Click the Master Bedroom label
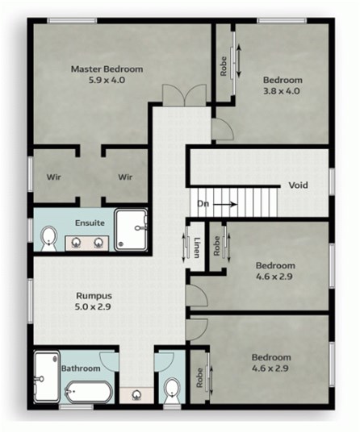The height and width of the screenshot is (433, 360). tap(107, 69)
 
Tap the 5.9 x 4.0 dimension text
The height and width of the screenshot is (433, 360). tap(107, 80)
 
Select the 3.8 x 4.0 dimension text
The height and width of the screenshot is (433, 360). tap(282, 91)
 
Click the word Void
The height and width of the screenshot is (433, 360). tap(299, 185)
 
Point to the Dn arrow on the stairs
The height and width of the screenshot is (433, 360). tap(225, 204)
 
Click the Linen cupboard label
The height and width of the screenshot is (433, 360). tap(197, 248)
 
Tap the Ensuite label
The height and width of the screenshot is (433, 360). tap(90, 223)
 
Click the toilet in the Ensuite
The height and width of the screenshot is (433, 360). tap(49, 239)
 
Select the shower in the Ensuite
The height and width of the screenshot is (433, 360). tap(131, 230)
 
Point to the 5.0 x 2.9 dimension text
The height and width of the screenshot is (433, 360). tap(93, 306)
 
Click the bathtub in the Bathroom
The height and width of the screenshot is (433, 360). tap(89, 391)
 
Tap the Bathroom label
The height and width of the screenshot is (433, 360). tap(81, 368)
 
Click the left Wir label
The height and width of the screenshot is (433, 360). tap(53, 177)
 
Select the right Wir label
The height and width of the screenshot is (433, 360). tap(125, 177)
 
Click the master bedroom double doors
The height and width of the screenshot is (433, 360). tap(184, 95)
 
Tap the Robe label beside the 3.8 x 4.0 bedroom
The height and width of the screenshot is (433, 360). tap(224, 66)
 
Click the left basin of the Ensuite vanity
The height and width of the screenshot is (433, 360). tap(76, 243)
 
